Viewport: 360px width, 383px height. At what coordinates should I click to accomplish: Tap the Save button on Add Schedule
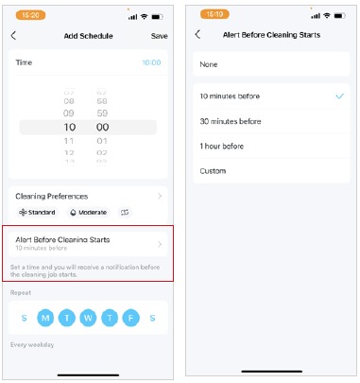click(x=159, y=36)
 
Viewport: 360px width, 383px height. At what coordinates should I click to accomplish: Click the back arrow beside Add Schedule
click(x=14, y=36)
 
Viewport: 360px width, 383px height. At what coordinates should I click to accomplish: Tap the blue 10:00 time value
click(x=151, y=62)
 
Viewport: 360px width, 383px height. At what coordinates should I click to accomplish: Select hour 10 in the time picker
click(x=69, y=127)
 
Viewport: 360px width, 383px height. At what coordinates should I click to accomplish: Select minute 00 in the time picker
click(x=102, y=127)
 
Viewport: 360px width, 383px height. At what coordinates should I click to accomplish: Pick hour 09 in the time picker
click(x=69, y=113)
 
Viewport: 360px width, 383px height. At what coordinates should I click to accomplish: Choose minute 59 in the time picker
click(x=102, y=113)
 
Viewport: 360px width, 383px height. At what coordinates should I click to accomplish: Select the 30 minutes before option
click(x=230, y=121)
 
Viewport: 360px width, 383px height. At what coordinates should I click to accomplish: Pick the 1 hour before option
click(x=222, y=146)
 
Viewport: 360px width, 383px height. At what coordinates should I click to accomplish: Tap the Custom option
click(x=213, y=171)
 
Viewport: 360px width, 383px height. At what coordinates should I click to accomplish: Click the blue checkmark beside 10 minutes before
click(x=339, y=96)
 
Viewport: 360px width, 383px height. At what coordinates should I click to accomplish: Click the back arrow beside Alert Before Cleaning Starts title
click(x=197, y=34)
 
